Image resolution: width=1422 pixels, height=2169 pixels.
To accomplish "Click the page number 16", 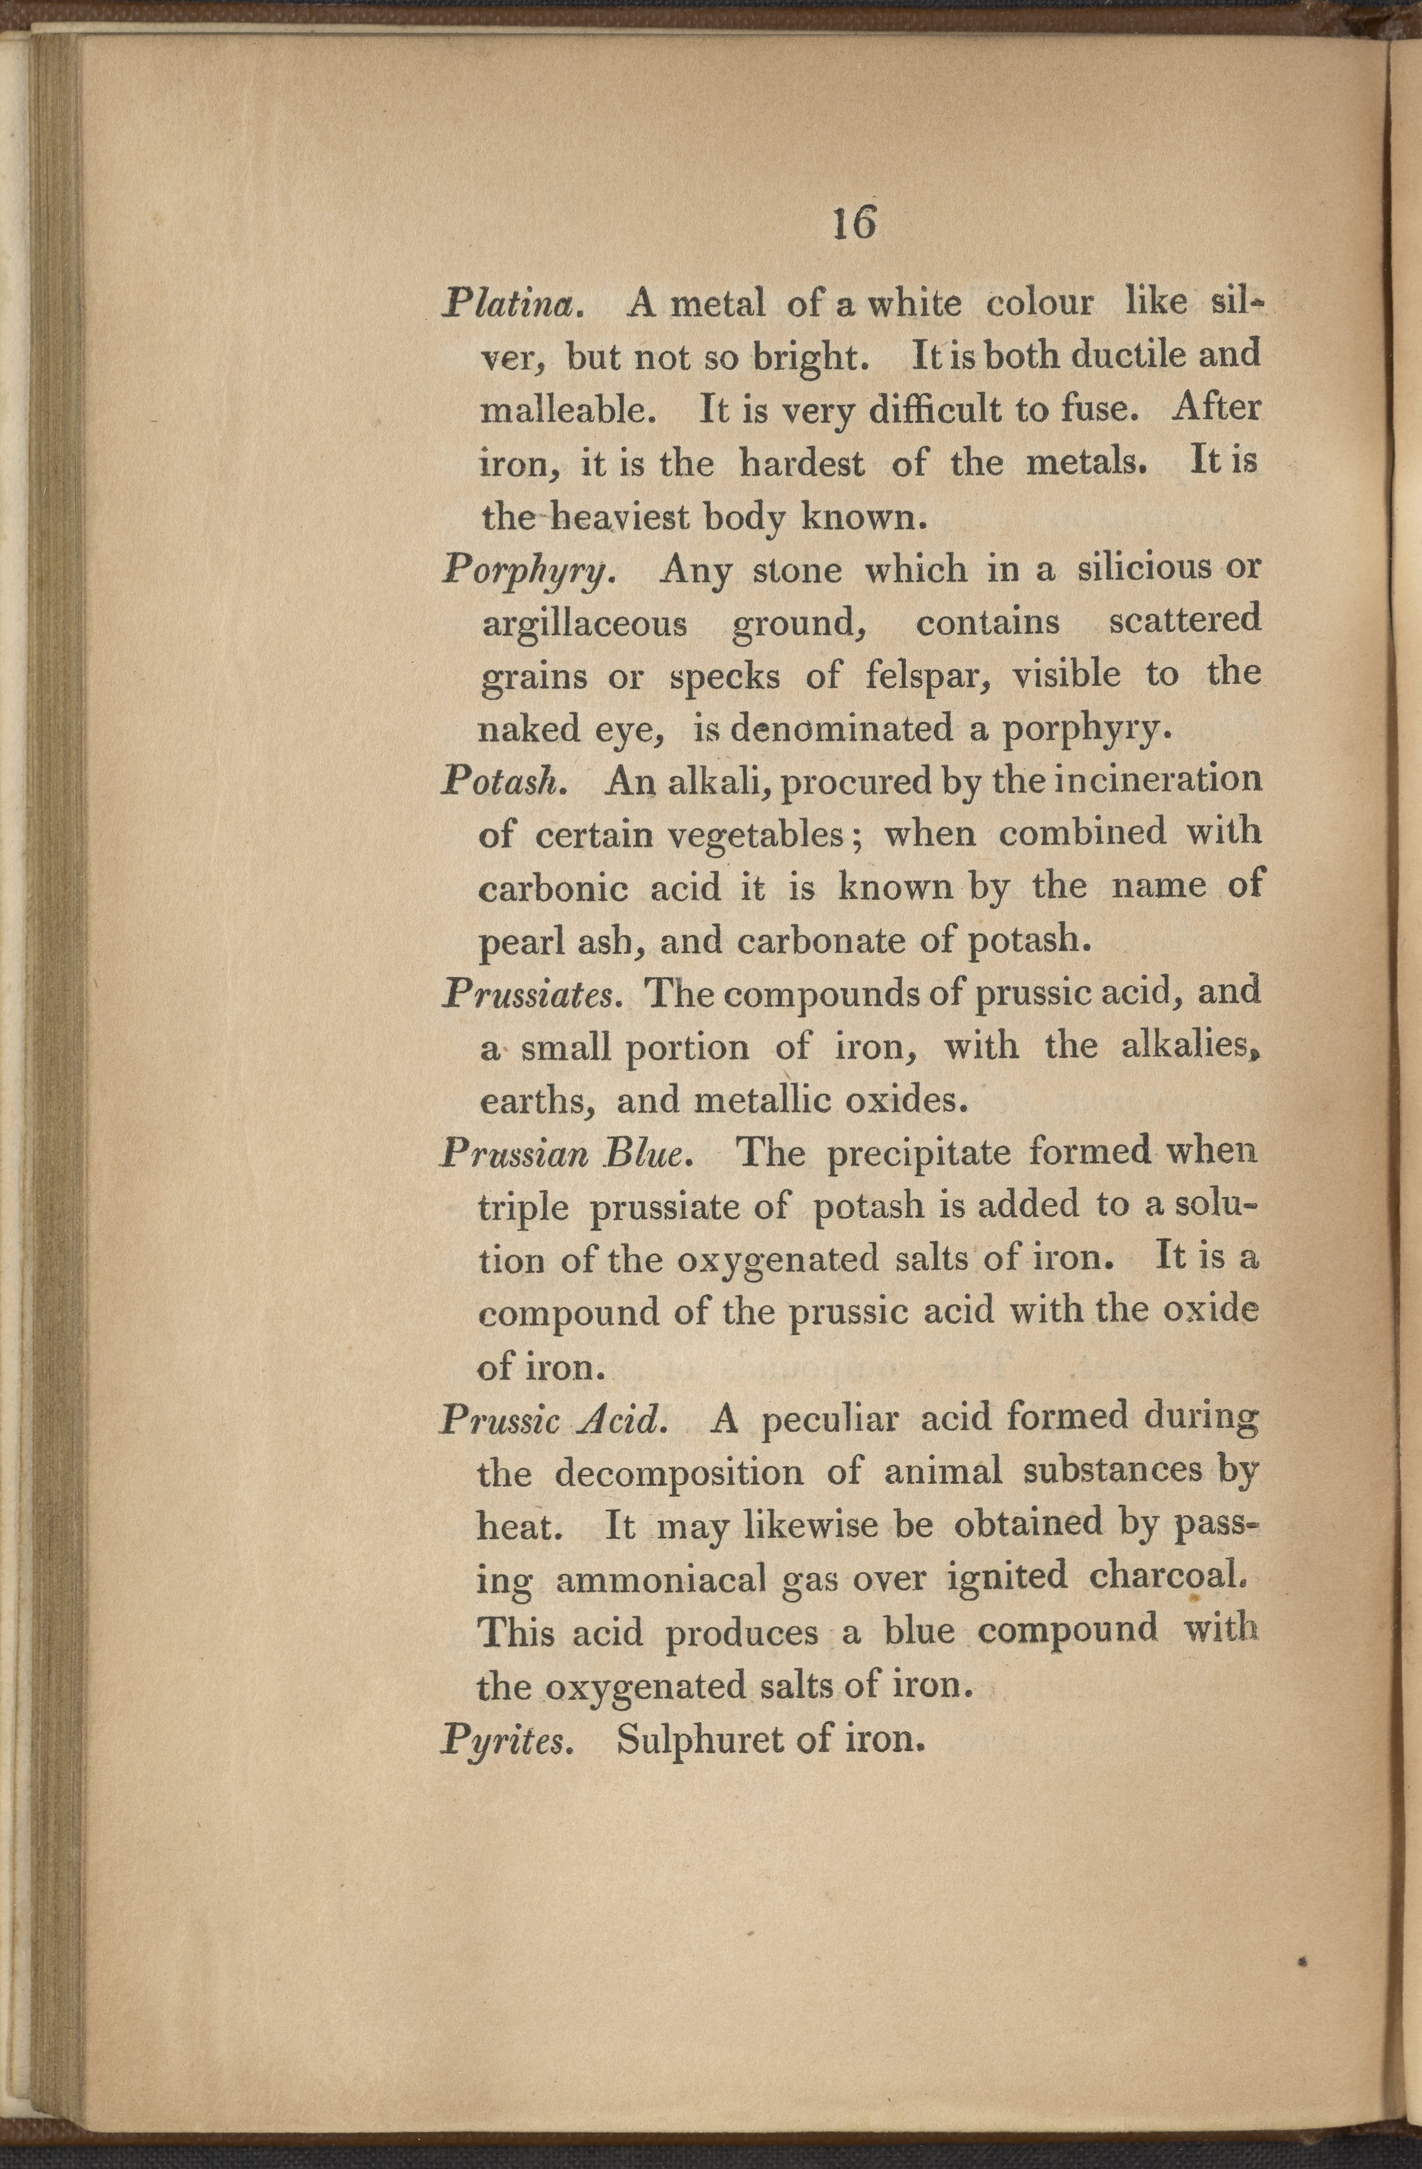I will pos(854,222).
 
